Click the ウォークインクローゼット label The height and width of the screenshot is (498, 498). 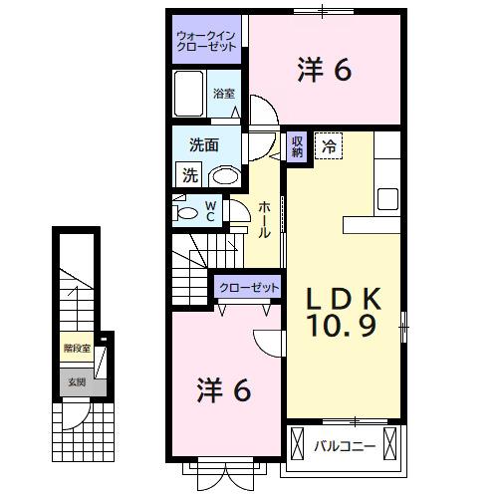coord(207,40)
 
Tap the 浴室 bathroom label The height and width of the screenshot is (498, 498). coord(225,94)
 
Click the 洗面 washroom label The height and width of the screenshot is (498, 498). coord(204,144)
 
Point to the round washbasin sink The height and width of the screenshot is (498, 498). coord(226,175)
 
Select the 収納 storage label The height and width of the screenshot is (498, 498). coord(297,146)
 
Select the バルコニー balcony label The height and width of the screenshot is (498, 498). coord(346,445)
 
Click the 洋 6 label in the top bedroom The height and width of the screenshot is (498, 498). coord(324,70)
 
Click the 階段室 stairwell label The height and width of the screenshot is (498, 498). coord(77,349)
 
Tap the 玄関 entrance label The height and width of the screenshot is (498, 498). coord(76,380)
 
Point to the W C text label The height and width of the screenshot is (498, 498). coord(210,211)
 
